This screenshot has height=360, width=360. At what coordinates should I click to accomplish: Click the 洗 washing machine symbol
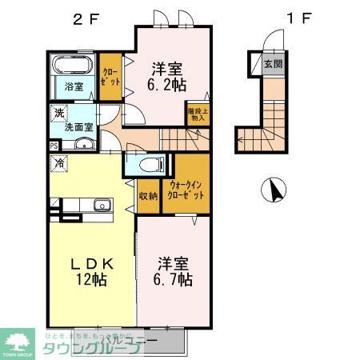coord(59,113)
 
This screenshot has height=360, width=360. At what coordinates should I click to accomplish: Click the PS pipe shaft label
coord(54,146)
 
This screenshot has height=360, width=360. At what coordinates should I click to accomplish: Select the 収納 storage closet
coord(148,195)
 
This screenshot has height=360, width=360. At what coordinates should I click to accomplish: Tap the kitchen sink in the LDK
coord(102,206)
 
